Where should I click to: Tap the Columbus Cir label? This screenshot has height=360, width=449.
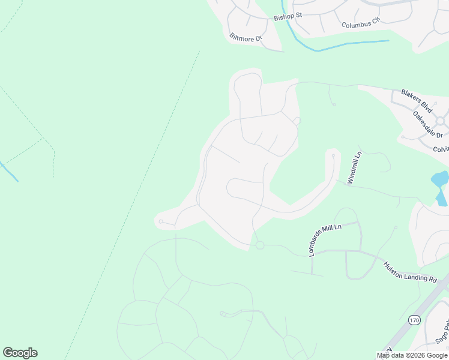361,23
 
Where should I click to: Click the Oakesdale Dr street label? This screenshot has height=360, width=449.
427,125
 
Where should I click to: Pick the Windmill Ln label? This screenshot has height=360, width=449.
355,168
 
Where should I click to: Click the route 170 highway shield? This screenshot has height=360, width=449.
414,320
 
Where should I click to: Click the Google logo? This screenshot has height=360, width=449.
20,353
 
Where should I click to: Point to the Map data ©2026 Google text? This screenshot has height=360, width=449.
412,355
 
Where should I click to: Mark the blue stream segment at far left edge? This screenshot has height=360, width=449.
8,171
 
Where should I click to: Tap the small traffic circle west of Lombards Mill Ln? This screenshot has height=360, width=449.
260,245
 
